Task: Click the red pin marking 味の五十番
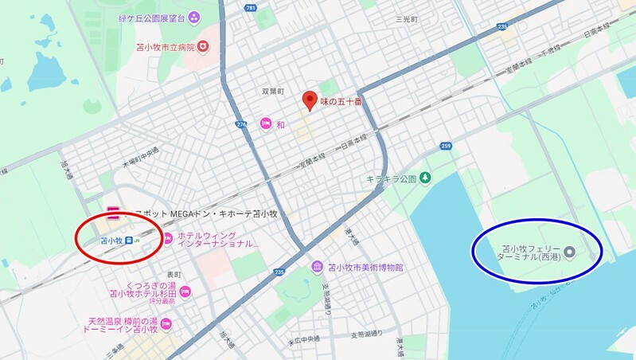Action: click(x=309, y=100)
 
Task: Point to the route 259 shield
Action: click(x=444, y=146)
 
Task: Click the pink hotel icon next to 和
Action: click(x=265, y=124)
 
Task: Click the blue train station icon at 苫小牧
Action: click(x=129, y=239)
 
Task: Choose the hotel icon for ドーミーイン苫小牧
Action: click(x=166, y=323)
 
